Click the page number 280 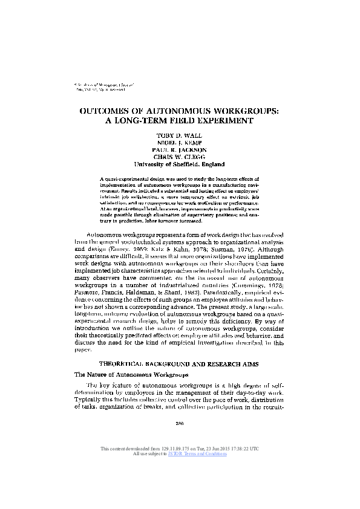[179, 423]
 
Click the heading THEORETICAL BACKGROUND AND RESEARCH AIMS [179, 363]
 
